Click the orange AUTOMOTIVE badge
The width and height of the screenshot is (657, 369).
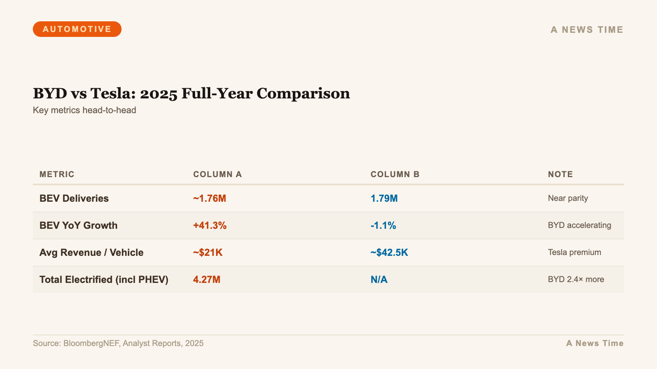pos(77,29)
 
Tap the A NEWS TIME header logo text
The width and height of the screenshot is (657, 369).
pos(587,30)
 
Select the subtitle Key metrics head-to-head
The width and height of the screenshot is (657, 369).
pos(84,110)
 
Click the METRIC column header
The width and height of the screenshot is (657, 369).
pos(57,174)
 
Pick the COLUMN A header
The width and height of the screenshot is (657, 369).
pos(217,174)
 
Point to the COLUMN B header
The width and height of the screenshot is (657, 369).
pos(395,174)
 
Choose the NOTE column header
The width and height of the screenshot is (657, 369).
pos(560,174)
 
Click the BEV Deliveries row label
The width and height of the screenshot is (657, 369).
pos(74,198)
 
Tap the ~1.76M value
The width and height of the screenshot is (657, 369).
pos(209,198)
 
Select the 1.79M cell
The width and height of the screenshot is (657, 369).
pos(384,198)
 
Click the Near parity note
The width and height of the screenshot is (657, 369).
pos(567,198)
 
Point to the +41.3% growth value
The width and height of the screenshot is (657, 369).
pos(209,225)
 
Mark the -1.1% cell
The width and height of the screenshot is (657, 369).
pos(383,225)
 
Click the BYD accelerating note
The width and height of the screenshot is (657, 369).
pos(579,225)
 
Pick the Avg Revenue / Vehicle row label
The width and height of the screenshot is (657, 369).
pos(91,253)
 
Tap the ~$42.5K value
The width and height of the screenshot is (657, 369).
pos(389,253)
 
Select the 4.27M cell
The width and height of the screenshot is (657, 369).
pos(207,280)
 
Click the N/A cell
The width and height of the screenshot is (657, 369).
pos(379,280)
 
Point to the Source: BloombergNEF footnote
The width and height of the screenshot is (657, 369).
pos(118,343)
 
